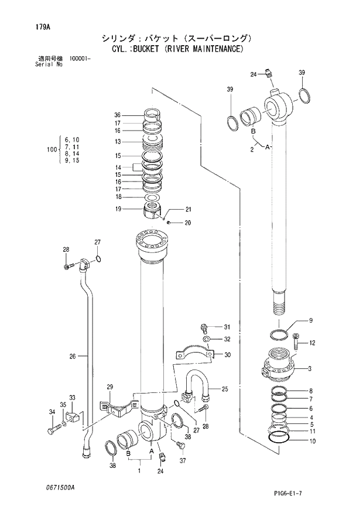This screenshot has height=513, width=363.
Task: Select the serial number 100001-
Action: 80,59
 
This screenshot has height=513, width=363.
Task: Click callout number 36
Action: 117,115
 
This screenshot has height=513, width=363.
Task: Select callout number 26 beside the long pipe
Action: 73,356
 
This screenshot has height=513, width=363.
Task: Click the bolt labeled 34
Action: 54,431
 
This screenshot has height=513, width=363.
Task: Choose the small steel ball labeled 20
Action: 169,222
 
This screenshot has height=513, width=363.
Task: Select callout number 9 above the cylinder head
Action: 311,320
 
